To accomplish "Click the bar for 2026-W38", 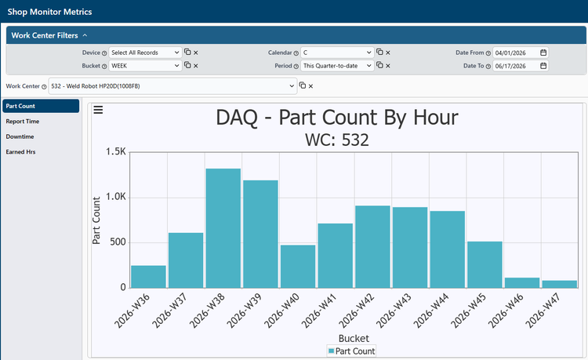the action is tap(223, 228).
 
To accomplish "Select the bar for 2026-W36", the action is tap(148, 277).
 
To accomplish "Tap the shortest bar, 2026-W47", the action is tap(560, 284).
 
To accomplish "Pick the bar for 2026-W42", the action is tap(372, 247).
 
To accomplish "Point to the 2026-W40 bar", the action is tap(298, 267).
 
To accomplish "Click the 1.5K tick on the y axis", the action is tap(116, 152).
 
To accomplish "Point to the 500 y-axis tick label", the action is tap(118, 242).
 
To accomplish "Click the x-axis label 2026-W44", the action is tap(431, 311).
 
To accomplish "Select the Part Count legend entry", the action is tap(351, 351).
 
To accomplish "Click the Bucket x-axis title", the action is tap(354, 338).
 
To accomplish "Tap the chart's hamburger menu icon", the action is tap(98, 110).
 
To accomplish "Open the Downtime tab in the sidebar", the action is tap(20, 136).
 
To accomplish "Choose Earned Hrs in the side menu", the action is tap(20, 152).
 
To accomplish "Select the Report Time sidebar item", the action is tap(23, 122).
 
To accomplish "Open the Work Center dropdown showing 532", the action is tap(172, 85).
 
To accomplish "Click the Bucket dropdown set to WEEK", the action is tap(145, 66).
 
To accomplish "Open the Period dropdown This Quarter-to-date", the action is tap(337, 66).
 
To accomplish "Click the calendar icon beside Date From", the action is tap(543, 53).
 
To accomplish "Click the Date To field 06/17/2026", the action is tap(520, 66).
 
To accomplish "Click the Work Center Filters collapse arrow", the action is tap(85, 35).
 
